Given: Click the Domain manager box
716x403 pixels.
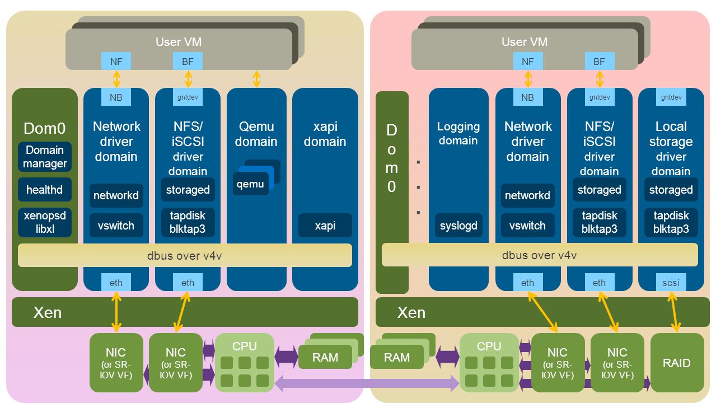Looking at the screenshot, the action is point(45,157).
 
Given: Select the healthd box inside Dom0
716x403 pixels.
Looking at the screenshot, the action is point(45,190).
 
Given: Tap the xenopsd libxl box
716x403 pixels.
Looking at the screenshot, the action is point(45,222).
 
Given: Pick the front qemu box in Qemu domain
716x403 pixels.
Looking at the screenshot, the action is point(251,184).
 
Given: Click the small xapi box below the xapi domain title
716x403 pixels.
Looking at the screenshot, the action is point(325,226).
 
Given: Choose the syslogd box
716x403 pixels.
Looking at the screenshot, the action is point(458,226).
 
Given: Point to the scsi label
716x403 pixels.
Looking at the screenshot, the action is point(671,283).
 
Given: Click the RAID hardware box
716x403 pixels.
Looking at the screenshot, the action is point(677,363).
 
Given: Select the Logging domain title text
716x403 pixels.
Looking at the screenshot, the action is point(458,133).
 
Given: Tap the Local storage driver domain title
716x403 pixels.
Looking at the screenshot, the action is point(671,149).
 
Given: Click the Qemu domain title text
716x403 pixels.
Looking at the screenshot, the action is point(256,134).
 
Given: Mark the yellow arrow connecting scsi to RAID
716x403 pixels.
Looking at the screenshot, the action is point(673,312).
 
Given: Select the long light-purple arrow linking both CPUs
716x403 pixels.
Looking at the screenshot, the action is point(367,383).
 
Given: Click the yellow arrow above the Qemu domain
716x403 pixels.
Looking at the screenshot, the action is point(256,79).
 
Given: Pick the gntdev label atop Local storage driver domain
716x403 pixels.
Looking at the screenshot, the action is point(671,97).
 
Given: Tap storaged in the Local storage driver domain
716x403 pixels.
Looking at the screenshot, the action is point(671,190).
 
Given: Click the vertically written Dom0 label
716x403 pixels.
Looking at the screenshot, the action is point(391,158).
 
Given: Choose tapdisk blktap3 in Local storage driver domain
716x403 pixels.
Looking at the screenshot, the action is point(671,222).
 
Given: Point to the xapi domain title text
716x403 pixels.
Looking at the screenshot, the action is point(325,134).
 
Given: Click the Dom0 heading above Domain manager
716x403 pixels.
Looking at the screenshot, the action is point(45,128).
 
